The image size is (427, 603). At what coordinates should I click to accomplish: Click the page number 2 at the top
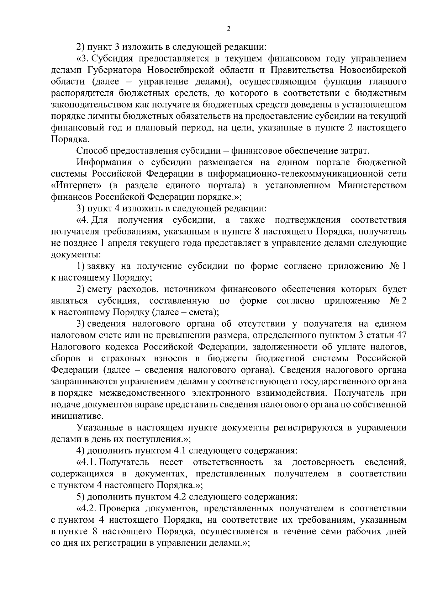pos(228,29)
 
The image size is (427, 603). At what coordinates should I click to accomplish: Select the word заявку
pos(101,266)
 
